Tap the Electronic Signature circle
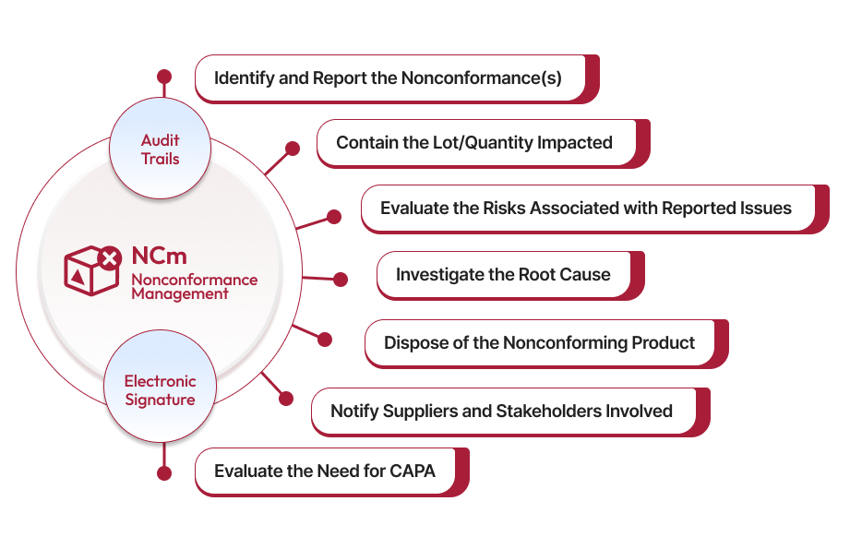[x=160, y=390]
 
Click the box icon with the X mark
[x=92, y=269]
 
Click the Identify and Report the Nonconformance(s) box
[x=389, y=78]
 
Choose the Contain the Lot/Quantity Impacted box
[x=474, y=142]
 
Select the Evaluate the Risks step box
[x=586, y=208]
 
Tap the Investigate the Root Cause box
[x=503, y=274]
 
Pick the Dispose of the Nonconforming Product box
[x=539, y=342]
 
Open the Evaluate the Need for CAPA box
[x=325, y=471]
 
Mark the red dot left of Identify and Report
[x=164, y=76]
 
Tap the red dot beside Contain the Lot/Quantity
[x=293, y=148]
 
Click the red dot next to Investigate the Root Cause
[x=340, y=279]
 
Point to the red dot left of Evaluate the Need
[x=164, y=473]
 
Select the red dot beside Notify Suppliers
[x=286, y=399]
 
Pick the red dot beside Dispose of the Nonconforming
[x=324, y=340]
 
